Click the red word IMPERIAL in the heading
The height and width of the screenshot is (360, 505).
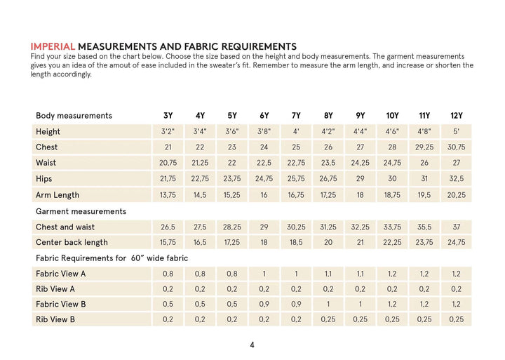tap(53, 46)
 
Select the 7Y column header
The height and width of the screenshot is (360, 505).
tap(296, 116)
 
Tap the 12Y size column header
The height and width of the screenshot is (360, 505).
tap(457, 116)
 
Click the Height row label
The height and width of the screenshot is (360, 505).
tap(48, 132)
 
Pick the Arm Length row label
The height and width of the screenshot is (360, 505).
tap(58, 195)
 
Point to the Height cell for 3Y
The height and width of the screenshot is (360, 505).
tap(168, 132)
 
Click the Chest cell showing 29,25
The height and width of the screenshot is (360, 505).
tap(424, 147)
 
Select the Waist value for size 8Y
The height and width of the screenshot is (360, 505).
tap(328, 164)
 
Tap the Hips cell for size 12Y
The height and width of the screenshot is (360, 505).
tap(457, 179)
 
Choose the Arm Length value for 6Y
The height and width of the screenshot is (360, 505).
tap(264, 195)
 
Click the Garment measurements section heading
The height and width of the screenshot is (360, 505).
tap(81, 211)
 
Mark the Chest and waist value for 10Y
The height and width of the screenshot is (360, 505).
tap(392, 227)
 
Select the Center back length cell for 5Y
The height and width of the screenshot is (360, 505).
tap(232, 243)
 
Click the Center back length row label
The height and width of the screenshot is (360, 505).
tap(72, 243)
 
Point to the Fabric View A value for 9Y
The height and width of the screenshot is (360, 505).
tap(361, 274)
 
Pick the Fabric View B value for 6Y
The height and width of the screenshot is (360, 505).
tap(264, 305)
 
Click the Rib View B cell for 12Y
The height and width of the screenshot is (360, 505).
tap(457, 320)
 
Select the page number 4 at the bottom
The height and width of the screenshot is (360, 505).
tap(252, 345)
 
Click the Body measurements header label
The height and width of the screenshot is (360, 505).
tap(74, 116)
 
